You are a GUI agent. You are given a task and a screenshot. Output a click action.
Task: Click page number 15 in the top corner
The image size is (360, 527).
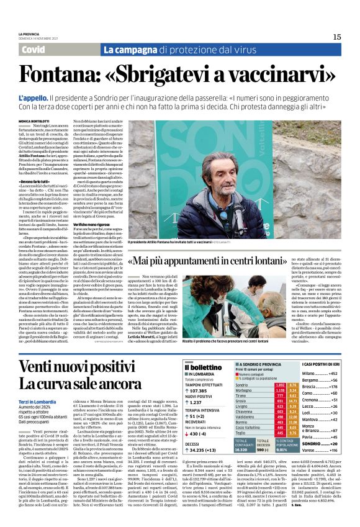pos(336,36)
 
